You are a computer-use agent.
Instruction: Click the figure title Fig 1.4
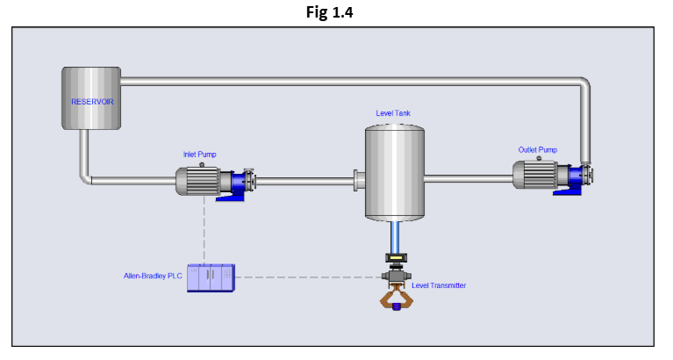click(x=336, y=12)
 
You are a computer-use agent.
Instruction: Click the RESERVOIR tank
click(x=91, y=99)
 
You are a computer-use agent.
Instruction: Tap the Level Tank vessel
click(x=394, y=173)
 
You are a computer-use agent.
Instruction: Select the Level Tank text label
click(x=393, y=113)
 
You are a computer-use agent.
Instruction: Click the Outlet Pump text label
click(x=537, y=149)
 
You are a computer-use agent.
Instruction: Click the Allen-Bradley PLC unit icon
click(x=211, y=277)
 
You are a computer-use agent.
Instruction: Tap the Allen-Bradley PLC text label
click(x=154, y=276)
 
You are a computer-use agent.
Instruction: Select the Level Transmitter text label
click(x=439, y=285)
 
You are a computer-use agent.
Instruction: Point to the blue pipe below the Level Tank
click(x=394, y=235)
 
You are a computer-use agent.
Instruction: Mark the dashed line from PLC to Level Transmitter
click(x=307, y=277)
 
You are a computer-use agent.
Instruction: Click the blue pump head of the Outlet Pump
click(x=572, y=178)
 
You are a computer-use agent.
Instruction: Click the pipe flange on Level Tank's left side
click(x=358, y=181)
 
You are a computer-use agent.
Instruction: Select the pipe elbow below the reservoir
click(x=86, y=178)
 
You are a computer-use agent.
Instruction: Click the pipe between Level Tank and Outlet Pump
click(x=467, y=179)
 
